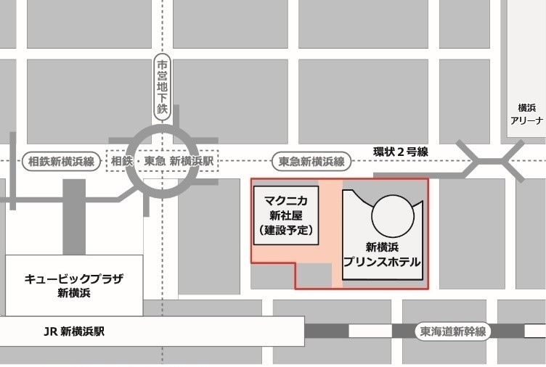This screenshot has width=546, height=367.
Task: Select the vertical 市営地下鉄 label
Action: tap(162, 88)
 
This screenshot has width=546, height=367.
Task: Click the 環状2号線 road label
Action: tap(401, 152)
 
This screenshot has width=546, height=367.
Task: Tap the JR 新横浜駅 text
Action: tap(74, 331)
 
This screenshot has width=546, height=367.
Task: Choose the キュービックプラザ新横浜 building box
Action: tap(73, 285)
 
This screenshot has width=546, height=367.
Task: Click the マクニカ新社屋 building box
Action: tap(285, 215)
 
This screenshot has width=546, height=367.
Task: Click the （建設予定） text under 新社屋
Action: tap(285, 231)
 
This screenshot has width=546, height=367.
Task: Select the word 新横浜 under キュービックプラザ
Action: tap(73, 293)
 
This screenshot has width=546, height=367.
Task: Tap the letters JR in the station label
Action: tap(50, 331)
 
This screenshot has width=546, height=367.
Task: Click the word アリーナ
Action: tap(526, 121)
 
